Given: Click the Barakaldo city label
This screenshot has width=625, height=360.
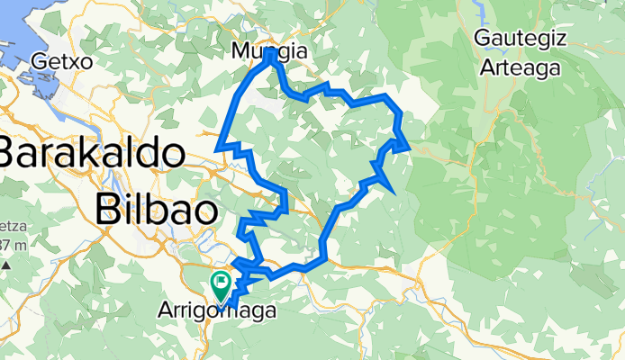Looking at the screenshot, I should [93, 152].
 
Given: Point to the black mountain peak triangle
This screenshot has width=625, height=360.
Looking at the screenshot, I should [7, 266].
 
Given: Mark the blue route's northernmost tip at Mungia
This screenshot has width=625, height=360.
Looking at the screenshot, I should [270, 54].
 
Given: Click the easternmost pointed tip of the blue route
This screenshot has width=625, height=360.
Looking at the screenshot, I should [408, 147].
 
